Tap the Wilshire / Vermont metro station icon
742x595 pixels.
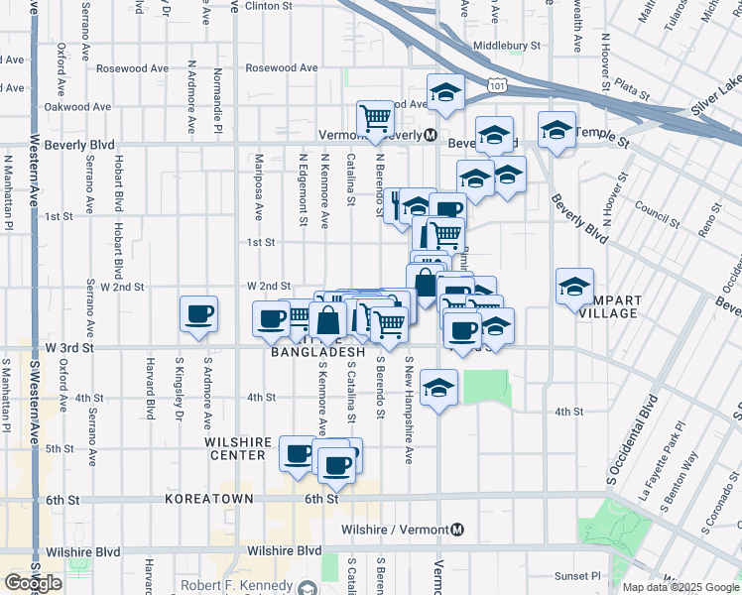click(x=457, y=530)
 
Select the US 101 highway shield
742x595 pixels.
click(x=497, y=88)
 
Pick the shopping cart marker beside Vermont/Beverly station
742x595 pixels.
click(x=376, y=118)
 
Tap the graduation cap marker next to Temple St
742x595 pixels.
click(x=556, y=130)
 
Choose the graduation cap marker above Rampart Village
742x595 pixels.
click(x=574, y=286)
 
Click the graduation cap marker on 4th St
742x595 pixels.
click(x=438, y=387)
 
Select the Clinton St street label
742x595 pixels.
click(x=269, y=6)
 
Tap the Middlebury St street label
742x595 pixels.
click(x=507, y=46)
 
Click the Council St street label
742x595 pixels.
click(x=655, y=210)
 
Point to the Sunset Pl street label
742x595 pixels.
click(x=577, y=575)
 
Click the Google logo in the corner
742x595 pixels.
click(x=33, y=583)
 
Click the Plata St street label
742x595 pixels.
click(x=631, y=89)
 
